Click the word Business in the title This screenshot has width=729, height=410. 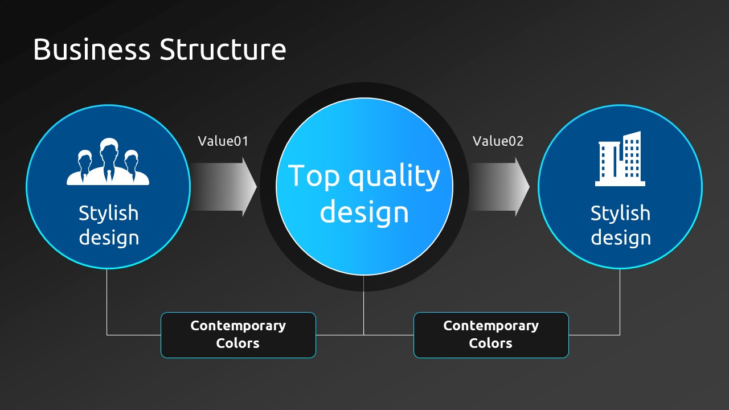click(91, 50)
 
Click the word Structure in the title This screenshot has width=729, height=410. click(223, 50)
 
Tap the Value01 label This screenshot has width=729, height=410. click(223, 141)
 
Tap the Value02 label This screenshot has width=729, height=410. click(498, 141)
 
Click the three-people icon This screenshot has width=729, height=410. click(108, 162)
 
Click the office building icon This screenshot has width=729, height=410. click(620, 159)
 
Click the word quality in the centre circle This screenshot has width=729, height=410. click(394, 177)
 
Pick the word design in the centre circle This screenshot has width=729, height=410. click(364, 212)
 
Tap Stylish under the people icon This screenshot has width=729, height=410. click(108, 213)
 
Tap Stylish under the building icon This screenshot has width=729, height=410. click(620, 213)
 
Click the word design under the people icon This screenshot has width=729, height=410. click(108, 237)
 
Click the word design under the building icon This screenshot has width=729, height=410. click(620, 237)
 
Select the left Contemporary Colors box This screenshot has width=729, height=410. click(238, 335)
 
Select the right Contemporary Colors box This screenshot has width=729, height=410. click(491, 335)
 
